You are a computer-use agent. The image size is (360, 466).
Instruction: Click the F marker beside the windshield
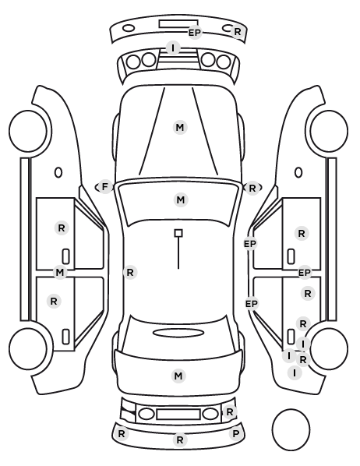pos(104,187)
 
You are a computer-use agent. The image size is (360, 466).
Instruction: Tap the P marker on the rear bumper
pos(235,434)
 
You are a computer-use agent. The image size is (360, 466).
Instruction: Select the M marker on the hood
pos(180,128)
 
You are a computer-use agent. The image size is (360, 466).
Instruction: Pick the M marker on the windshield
pos(181,199)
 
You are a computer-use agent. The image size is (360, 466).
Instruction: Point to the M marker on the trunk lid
pos(178,376)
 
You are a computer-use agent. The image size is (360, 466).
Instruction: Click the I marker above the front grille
pos(173,48)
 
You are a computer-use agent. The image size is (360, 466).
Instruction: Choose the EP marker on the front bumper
pos(195,33)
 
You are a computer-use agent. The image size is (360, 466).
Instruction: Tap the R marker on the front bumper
pos(238,32)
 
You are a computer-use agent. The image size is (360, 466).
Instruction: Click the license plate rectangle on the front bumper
pos(178,24)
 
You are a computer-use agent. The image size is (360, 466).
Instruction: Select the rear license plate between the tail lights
pos(178,414)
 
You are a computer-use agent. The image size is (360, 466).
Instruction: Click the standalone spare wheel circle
pos(291,429)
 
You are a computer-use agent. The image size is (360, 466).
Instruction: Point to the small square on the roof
pos(178,233)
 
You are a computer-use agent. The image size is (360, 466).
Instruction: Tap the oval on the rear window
pos(178,333)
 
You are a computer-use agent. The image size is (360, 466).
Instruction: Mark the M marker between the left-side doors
pos(60,272)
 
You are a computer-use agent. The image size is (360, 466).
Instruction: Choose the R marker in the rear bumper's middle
pos(179,440)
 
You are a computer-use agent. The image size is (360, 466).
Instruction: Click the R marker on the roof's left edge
pos(130,272)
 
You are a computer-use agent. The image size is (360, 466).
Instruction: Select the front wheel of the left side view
pos(28,131)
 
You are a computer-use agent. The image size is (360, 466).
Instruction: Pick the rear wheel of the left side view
pos(28,348)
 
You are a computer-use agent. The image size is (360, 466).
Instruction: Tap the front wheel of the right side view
pos(329,131)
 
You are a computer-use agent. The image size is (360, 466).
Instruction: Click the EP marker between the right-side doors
pos(305,273)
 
